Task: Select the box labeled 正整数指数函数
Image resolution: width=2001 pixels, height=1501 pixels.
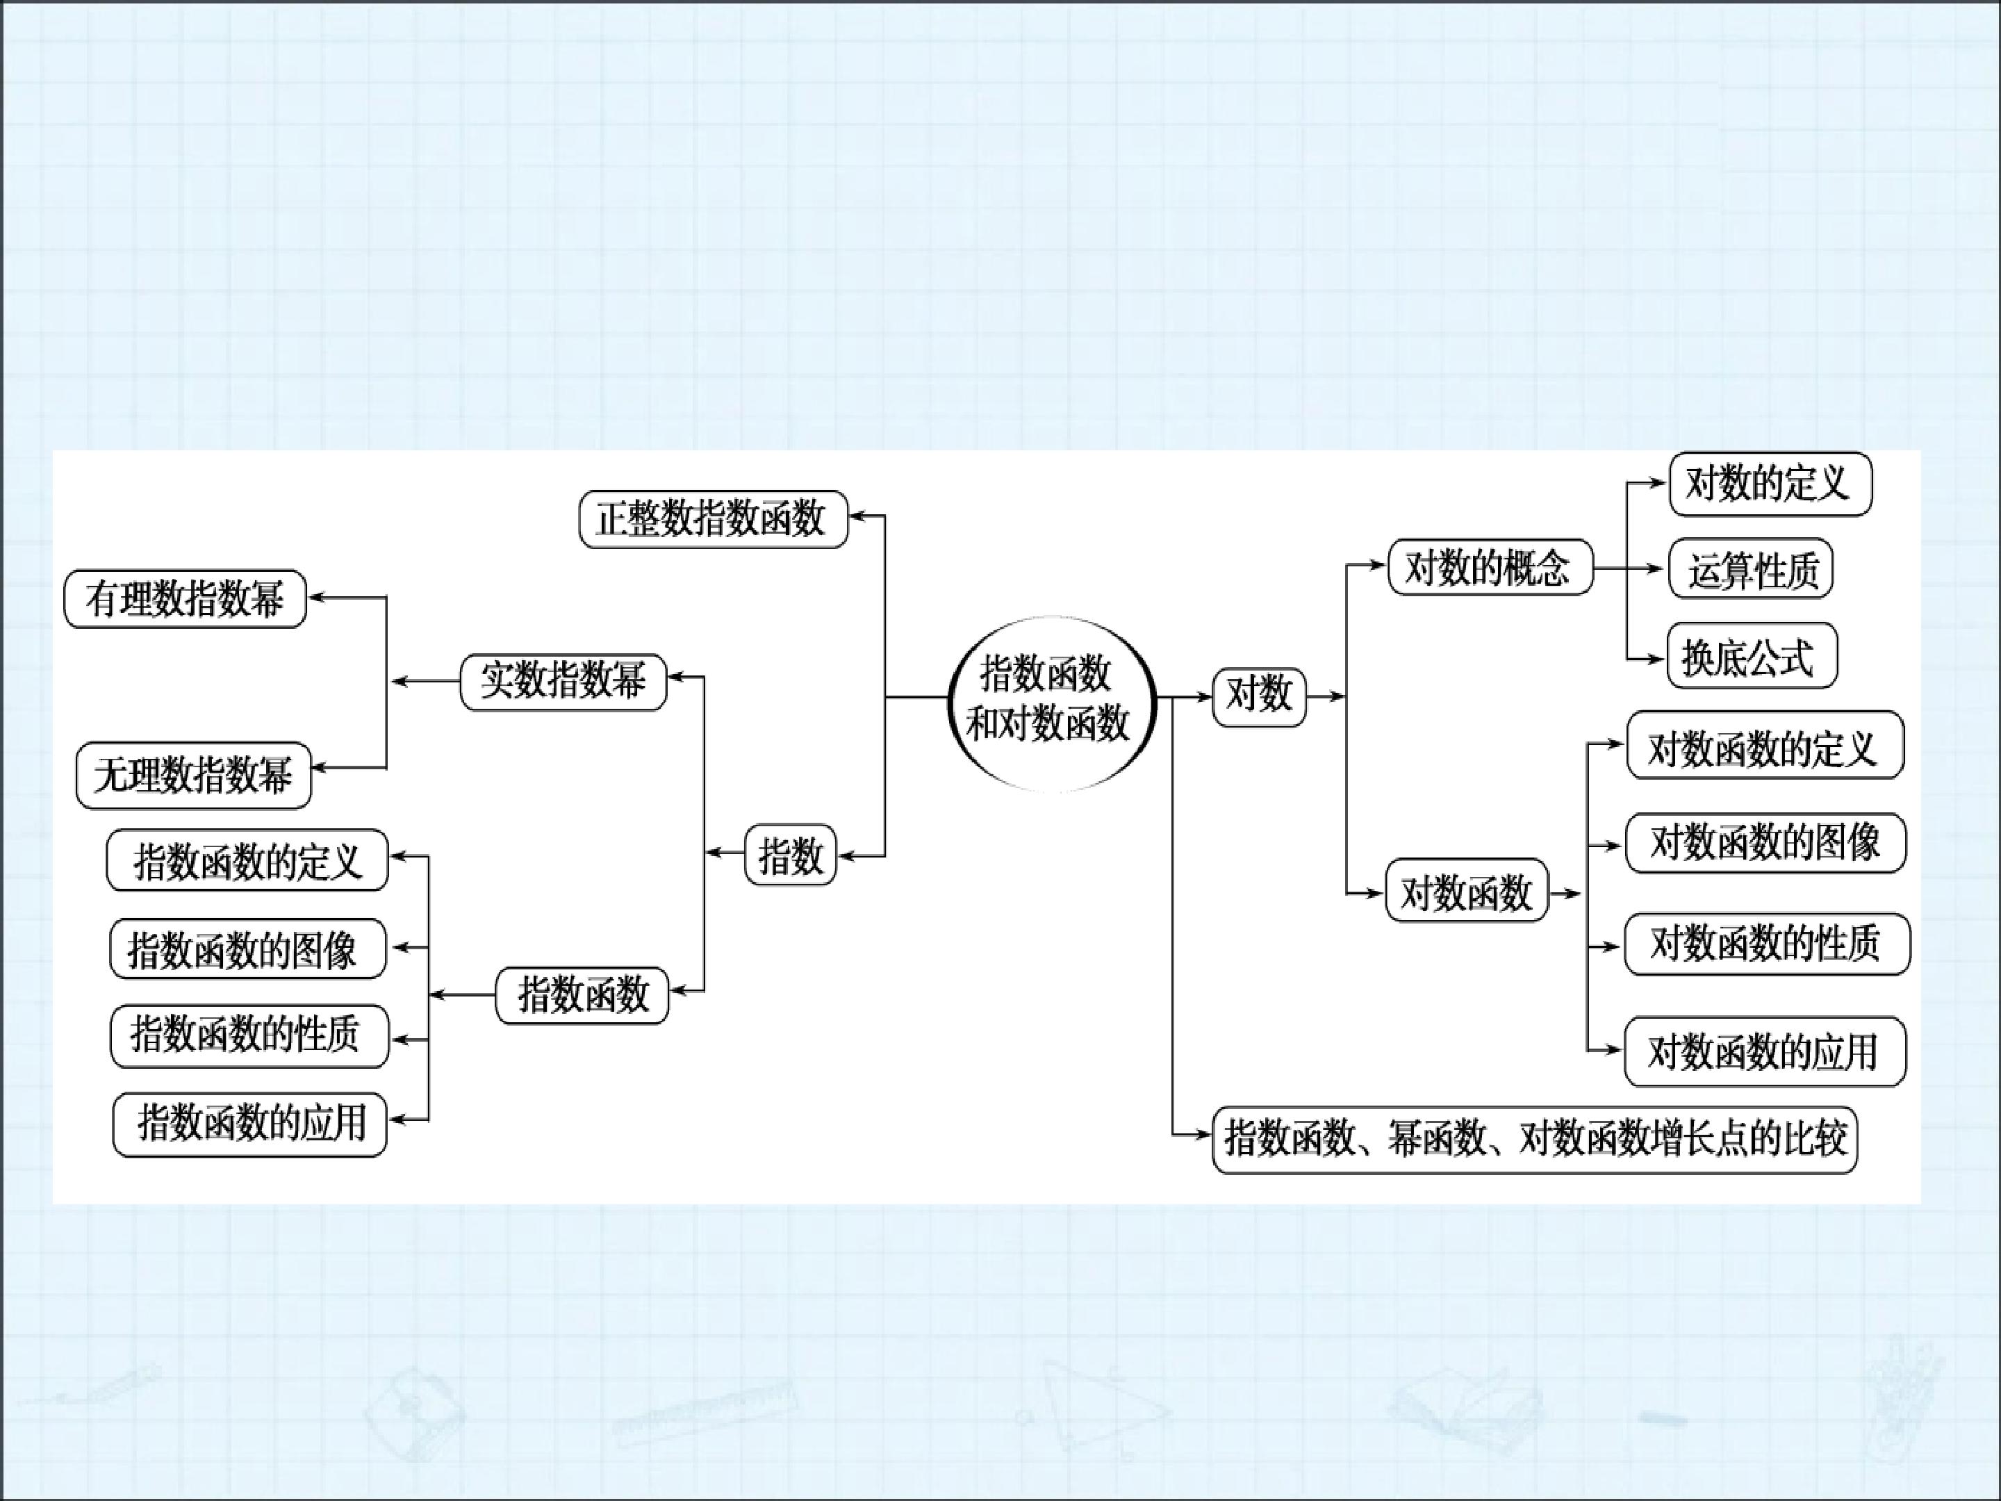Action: pyautogui.click(x=714, y=519)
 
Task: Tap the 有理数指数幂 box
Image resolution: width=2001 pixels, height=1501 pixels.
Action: pyautogui.click(x=186, y=599)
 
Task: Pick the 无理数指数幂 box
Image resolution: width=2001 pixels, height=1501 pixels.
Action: pyautogui.click(x=194, y=776)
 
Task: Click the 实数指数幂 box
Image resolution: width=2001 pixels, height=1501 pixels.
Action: pyautogui.click(x=563, y=681)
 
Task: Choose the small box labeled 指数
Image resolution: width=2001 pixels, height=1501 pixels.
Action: pyautogui.click(x=791, y=854)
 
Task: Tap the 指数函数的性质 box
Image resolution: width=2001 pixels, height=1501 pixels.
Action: pyautogui.click(x=249, y=1036)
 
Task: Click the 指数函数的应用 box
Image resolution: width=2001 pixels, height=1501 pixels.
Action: pyautogui.click(x=249, y=1124)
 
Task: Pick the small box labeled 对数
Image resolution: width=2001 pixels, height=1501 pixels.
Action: pyautogui.click(x=1259, y=697)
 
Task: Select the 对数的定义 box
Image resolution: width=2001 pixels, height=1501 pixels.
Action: pyautogui.click(x=1770, y=484)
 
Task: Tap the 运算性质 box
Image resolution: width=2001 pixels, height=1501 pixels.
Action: pyautogui.click(x=1750, y=569)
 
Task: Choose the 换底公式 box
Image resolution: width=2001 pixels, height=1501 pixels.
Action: pyautogui.click(x=1752, y=656)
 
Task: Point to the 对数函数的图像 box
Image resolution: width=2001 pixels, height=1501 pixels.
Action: pyautogui.click(x=1765, y=843)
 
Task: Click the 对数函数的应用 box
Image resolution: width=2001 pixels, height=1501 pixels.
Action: pyautogui.click(x=1765, y=1052)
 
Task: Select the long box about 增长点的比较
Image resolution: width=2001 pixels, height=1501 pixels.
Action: pyautogui.click(x=1534, y=1140)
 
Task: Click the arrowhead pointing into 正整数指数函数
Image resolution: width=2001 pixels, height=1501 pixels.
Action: pyautogui.click(x=857, y=516)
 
